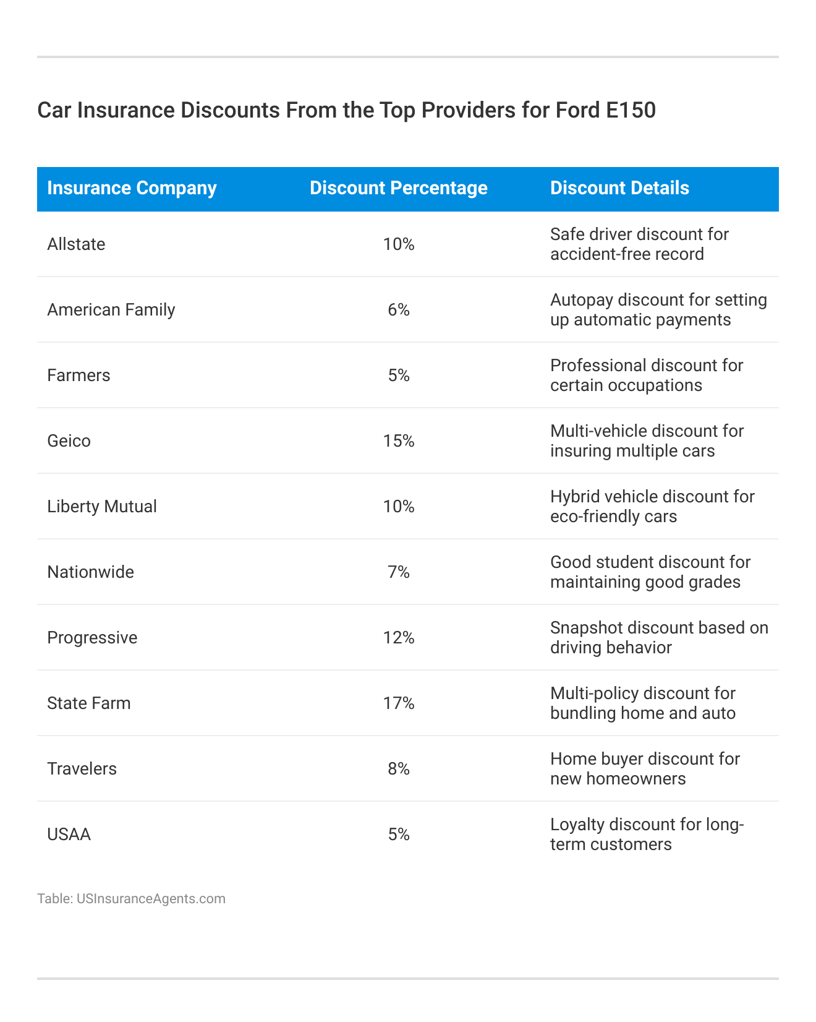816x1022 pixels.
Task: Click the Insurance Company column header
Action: pyautogui.click(x=132, y=188)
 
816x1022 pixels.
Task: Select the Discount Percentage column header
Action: pyautogui.click(x=398, y=188)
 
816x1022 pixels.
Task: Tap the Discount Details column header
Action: pyautogui.click(x=619, y=188)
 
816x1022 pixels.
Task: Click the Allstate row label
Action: pyautogui.click(x=76, y=244)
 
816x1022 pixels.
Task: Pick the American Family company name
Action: pyautogui.click(x=111, y=310)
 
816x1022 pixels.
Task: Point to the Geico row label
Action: pyautogui.click(x=69, y=441)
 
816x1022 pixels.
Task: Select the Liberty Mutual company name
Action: pyautogui.click(x=102, y=507)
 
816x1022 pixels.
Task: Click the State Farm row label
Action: pyautogui.click(x=89, y=703)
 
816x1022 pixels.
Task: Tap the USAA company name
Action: pyautogui.click(x=69, y=835)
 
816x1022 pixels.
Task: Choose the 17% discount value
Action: pyautogui.click(x=399, y=703)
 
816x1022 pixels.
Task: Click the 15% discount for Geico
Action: pyautogui.click(x=399, y=441)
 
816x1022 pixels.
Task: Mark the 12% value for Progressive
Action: pyautogui.click(x=399, y=638)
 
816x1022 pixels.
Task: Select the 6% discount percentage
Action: pyautogui.click(x=399, y=310)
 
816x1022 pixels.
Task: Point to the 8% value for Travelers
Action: pyautogui.click(x=399, y=769)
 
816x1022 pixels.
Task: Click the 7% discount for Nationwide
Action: pyautogui.click(x=399, y=572)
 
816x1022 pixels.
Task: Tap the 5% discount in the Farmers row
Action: pyautogui.click(x=399, y=376)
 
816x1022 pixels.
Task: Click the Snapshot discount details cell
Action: pyautogui.click(x=659, y=638)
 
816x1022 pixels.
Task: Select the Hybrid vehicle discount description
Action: pyautogui.click(x=652, y=507)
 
